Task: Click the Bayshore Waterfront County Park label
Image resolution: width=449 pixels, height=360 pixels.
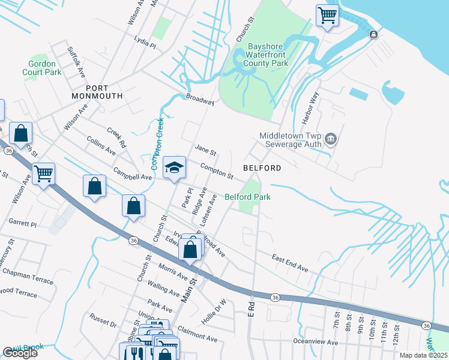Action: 266,55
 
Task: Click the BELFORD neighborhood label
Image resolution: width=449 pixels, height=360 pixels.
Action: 262,169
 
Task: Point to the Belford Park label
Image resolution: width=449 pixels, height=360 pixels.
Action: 247,197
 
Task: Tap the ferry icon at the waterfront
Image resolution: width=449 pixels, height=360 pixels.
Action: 373,34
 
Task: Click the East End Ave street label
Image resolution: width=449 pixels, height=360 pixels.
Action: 289,263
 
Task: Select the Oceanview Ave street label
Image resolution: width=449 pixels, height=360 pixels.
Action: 316,342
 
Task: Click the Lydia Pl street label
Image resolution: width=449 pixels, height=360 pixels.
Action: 145,45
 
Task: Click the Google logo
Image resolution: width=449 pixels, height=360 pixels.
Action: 20,353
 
